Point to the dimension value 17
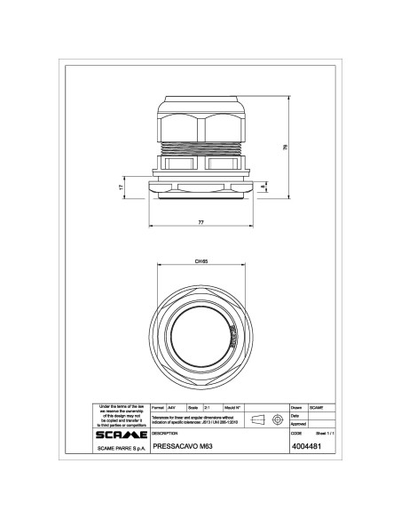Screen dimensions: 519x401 [x=121, y=188]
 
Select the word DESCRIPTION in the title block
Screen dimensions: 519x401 [x=166, y=433]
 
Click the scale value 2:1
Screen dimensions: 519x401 [x=206, y=406]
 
